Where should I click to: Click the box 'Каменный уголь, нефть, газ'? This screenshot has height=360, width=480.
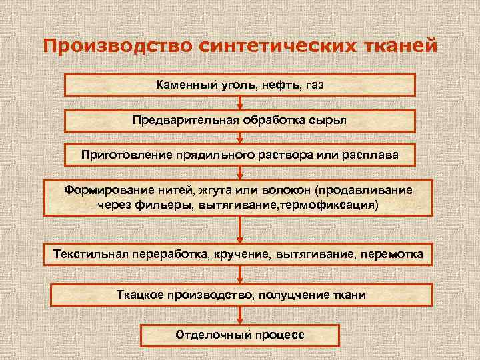tap(240, 85)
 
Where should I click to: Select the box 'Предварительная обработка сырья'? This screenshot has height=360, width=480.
tap(240, 120)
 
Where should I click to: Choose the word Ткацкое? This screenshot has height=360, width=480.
tap(138, 294)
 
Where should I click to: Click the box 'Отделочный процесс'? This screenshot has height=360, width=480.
tap(240, 334)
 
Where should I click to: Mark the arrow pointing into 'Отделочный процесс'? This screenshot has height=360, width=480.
tap(240, 315)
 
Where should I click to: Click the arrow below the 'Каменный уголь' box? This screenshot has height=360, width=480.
tap(240, 102)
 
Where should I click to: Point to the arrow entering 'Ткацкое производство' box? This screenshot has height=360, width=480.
tap(240, 275)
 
